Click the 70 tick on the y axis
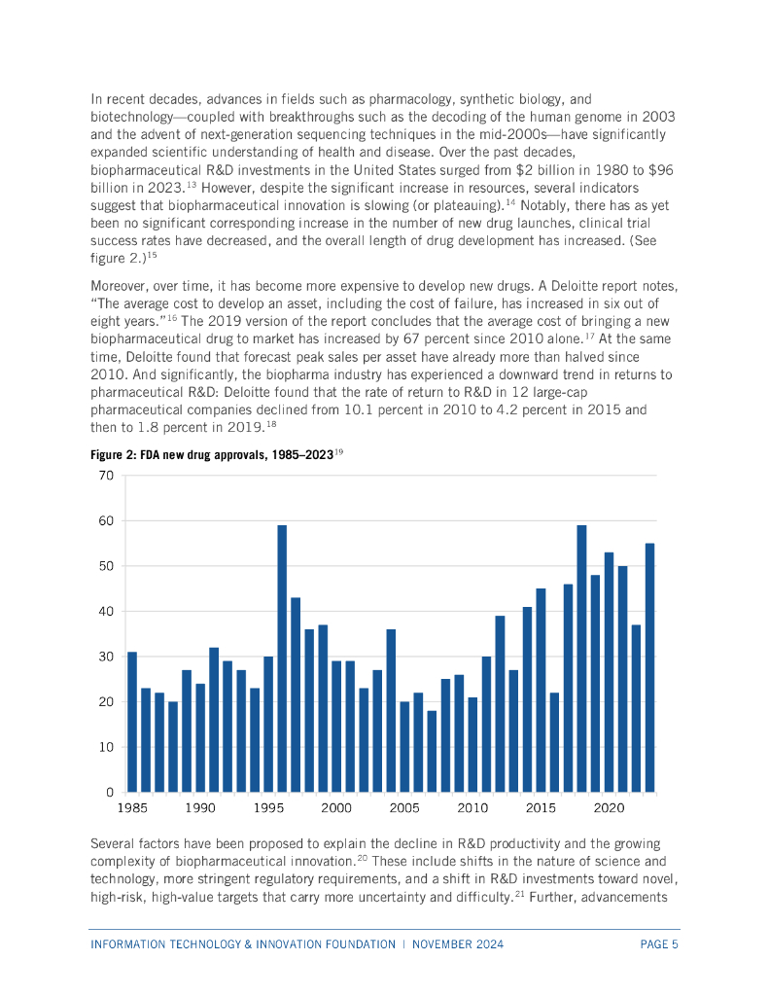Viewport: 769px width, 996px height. pyautogui.click(x=105, y=476)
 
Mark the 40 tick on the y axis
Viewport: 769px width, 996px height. pyautogui.click(x=105, y=612)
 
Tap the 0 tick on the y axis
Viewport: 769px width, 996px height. pyautogui.click(x=110, y=793)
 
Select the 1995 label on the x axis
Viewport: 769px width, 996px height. pyautogui.click(x=268, y=808)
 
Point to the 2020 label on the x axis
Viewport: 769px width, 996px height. pyautogui.click(x=609, y=808)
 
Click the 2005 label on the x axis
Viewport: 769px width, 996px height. pyautogui.click(x=404, y=808)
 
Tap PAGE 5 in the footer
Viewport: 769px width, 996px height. pyautogui.click(x=658, y=944)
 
